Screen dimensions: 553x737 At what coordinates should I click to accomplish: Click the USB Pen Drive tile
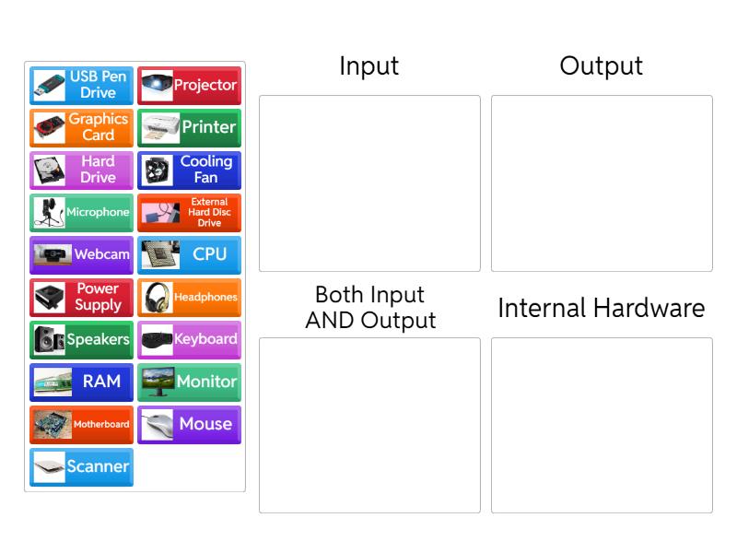(81, 85)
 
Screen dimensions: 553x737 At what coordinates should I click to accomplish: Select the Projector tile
(190, 85)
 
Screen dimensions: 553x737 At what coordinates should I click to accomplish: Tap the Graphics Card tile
(81, 127)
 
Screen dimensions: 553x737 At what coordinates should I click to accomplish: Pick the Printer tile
(190, 127)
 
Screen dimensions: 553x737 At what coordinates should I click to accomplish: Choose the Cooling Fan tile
(190, 170)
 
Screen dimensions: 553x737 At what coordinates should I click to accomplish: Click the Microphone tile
(81, 212)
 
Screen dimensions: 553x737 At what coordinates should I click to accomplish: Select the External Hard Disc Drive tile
(190, 212)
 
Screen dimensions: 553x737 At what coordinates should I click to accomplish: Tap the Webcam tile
(81, 254)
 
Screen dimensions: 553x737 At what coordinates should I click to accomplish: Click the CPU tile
(190, 254)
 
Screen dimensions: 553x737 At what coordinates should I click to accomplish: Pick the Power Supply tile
(81, 297)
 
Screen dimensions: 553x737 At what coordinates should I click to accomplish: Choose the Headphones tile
(190, 297)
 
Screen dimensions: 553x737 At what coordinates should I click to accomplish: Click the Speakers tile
(81, 339)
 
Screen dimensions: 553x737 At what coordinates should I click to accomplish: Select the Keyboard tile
(190, 339)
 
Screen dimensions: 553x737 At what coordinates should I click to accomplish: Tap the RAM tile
(81, 382)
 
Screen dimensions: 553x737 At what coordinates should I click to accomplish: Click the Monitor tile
(190, 382)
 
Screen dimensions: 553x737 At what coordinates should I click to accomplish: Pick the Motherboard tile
(81, 424)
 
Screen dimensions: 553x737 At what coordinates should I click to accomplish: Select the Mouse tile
(190, 424)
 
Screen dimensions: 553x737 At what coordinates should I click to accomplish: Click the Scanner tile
(81, 466)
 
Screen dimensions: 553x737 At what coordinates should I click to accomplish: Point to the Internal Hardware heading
(601, 308)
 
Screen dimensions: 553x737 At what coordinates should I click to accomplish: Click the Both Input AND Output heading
(370, 308)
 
